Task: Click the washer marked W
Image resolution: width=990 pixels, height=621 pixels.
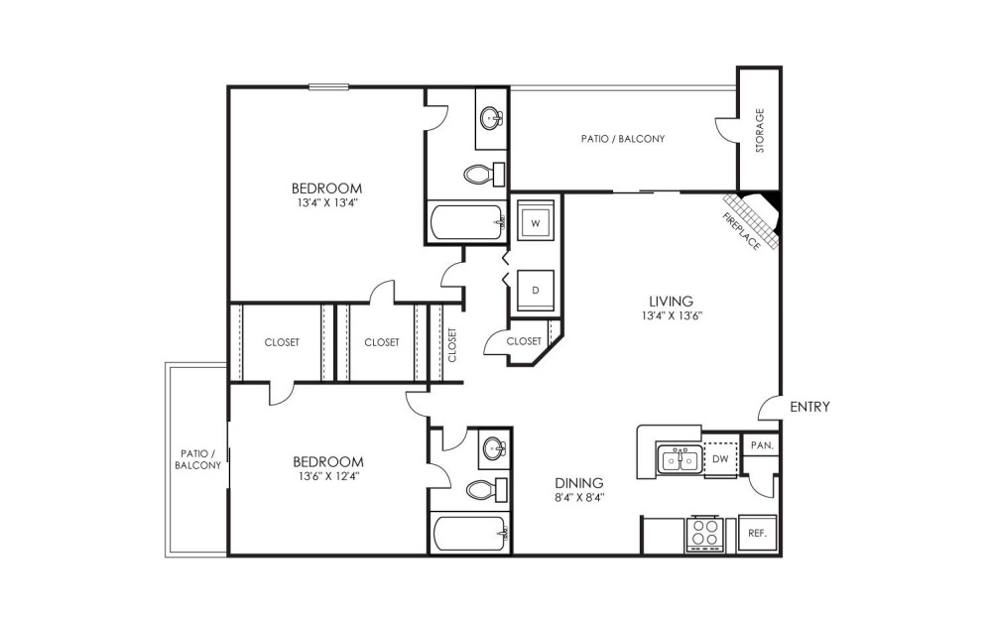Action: [x=536, y=221]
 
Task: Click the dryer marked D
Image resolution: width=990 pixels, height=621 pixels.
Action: [x=536, y=291]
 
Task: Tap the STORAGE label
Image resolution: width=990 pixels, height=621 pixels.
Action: [x=760, y=131]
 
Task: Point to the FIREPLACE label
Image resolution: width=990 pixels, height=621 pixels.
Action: [x=741, y=231]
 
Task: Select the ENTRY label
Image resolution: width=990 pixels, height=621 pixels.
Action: [x=809, y=407]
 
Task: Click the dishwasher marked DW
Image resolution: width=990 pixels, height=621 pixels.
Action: [x=720, y=459]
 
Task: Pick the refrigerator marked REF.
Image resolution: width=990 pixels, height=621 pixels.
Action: [x=757, y=534]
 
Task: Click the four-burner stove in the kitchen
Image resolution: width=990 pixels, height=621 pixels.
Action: [x=704, y=534]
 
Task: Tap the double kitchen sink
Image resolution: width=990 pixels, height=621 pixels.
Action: [x=680, y=459]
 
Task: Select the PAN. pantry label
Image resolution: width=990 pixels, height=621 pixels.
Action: [x=762, y=445]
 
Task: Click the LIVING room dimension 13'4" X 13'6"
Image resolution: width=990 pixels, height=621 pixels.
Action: [x=672, y=315]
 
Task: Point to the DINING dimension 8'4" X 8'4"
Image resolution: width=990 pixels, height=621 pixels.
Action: [x=579, y=497]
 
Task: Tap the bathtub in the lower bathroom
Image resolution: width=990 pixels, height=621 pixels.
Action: [x=468, y=534]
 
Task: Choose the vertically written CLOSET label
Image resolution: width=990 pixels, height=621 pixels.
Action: [x=452, y=344]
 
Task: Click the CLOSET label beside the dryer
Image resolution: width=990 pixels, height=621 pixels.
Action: [x=524, y=341]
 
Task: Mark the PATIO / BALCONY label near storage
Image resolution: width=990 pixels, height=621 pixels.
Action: [x=623, y=138]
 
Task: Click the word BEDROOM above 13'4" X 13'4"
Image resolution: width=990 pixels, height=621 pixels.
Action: [x=327, y=188]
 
